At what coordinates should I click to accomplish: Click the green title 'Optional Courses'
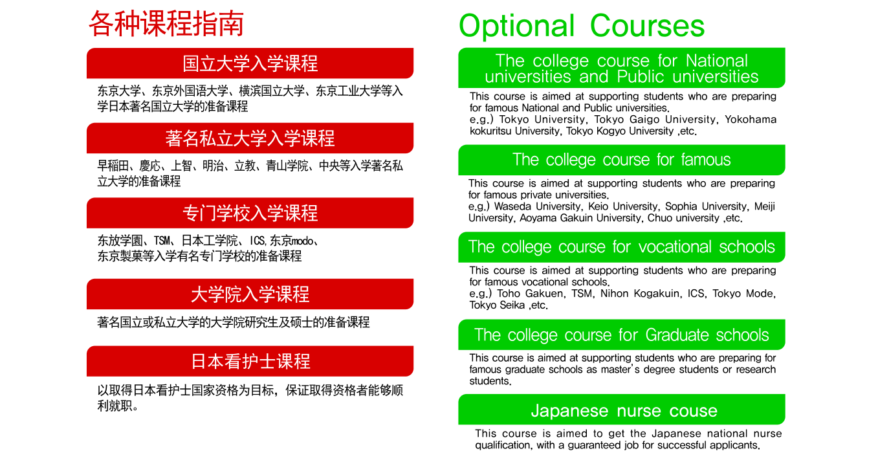[x=582, y=26]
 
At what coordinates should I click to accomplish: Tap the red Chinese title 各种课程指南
[x=166, y=24]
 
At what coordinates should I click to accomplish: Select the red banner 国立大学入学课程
[x=250, y=63]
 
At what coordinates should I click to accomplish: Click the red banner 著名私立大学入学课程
[x=250, y=138]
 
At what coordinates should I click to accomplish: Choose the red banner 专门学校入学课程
[x=250, y=213]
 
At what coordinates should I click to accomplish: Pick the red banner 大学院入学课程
[x=250, y=294]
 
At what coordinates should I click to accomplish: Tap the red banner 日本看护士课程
[x=250, y=361]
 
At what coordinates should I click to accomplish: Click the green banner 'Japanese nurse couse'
[x=622, y=410]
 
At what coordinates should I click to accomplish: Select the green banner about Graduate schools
[x=622, y=335]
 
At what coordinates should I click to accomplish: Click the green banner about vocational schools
[x=622, y=247]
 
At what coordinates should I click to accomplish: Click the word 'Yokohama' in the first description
[x=751, y=120]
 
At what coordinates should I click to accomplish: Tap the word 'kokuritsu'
[x=490, y=131]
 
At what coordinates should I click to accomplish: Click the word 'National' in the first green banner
[x=717, y=61]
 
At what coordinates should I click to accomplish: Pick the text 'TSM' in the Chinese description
[x=162, y=241]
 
